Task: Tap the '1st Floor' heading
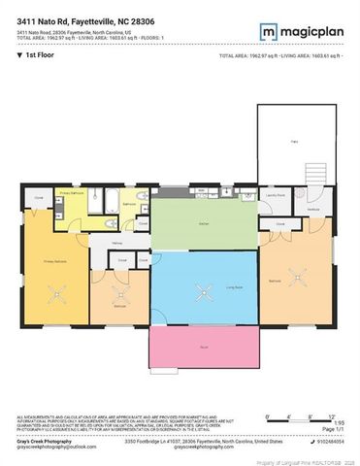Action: coord(43,57)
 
